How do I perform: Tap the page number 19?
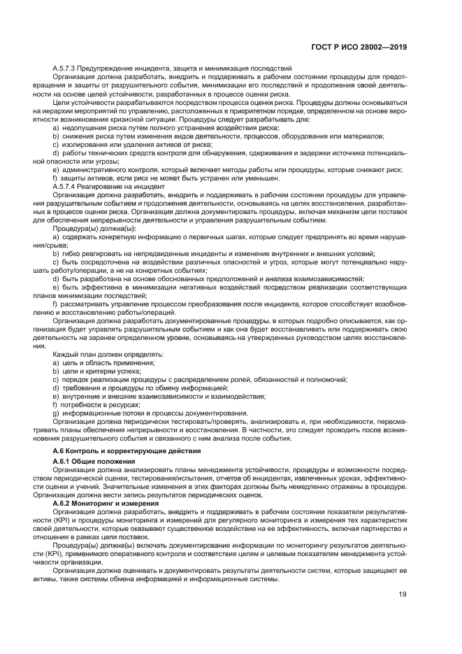coord(403,595)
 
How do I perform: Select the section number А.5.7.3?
coord(66,67)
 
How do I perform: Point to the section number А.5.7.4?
coord(66,187)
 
